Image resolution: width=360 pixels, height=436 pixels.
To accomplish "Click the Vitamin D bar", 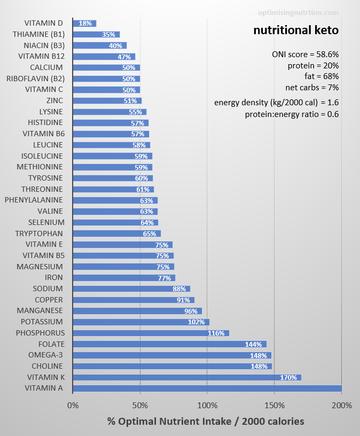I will coord(84,24).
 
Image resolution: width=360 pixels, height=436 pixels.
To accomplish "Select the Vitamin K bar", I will coord(187,377).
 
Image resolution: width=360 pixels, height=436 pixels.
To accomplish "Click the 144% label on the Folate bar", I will coord(255,344).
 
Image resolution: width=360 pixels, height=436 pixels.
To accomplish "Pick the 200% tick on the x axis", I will coord(342,405).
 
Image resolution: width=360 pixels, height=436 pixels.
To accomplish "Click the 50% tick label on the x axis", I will coord(140,405).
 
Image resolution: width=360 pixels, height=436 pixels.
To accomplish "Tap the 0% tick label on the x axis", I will coord(73,405).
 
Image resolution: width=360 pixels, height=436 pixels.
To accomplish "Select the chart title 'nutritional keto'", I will coord(296,30).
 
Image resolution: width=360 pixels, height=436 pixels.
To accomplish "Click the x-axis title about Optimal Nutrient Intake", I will coord(206,422).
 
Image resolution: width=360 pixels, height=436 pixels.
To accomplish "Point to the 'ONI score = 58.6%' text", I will coord(305,54).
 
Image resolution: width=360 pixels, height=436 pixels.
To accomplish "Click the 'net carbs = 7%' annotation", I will coord(312,87).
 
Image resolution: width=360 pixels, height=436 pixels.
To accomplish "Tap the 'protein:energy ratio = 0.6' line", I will coord(292,114).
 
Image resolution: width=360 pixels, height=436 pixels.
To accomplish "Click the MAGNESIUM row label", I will coord(40,267).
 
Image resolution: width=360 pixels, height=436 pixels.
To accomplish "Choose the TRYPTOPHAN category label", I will coord(39,233).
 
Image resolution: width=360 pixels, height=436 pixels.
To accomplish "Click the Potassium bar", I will coord(141,322).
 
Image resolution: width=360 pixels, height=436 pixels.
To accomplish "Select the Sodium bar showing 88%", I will coord(131,289).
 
